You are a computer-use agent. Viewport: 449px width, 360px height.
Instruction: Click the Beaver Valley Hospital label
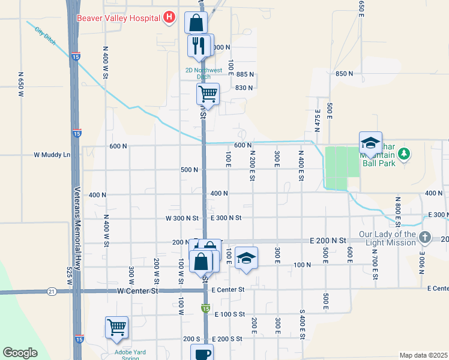coord(119,17)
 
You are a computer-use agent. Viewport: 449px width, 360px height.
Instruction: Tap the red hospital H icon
coord(170,17)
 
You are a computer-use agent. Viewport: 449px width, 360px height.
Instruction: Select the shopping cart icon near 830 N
coord(208,93)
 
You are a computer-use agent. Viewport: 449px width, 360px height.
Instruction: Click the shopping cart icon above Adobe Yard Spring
coord(116,327)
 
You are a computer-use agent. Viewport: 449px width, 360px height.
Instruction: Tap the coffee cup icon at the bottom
coord(202,353)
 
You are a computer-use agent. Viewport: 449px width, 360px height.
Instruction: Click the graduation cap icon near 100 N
coord(246,257)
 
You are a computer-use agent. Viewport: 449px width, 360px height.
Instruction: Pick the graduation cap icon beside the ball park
coord(370,143)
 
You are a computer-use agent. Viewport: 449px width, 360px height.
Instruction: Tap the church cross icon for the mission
coord(425,238)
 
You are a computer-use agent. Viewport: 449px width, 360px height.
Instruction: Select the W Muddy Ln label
coord(52,155)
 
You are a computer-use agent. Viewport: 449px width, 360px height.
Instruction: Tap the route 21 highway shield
coord(52,291)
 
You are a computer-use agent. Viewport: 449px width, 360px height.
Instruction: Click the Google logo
coord(20,353)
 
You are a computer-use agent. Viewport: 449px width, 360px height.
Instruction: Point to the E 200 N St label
coord(328,240)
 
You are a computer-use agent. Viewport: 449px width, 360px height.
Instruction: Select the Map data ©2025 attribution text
coord(423,355)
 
